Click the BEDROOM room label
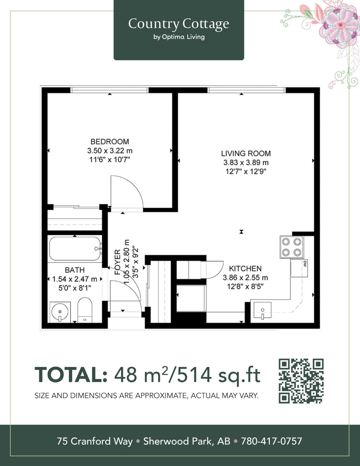point(110,141)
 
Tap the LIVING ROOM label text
point(246,153)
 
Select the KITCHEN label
point(245,268)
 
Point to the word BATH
point(75,270)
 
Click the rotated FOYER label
point(118,262)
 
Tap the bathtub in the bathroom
point(75,248)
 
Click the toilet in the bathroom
point(85,310)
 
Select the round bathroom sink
point(60,312)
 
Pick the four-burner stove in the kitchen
point(292,247)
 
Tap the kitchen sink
point(262,310)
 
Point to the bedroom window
point(109,90)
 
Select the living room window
point(247,90)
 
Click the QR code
point(301,381)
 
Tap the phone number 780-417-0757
point(272,441)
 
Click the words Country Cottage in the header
point(179,23)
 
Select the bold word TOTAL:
point(71,375)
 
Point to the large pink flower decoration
point(341,25)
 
